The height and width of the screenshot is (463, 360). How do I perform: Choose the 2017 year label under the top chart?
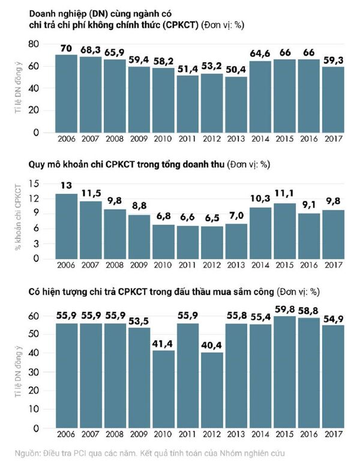click(x=331, y=140)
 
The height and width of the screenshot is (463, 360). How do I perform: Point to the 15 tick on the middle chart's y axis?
click(x=34, y=183)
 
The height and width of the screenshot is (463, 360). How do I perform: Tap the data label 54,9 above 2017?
click(x=331, y=318)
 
